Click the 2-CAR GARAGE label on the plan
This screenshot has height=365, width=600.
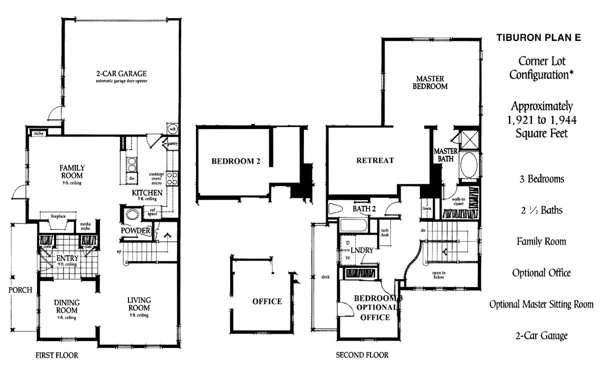121,74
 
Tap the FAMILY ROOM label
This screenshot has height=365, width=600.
72,172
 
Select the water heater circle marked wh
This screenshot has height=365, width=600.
172,127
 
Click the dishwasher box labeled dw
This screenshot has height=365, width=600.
131,179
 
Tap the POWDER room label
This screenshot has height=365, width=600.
135,231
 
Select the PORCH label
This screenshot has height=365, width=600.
20,290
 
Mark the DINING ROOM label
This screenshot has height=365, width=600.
66,306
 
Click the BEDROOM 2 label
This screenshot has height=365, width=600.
236,161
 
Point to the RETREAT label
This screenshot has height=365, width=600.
375,160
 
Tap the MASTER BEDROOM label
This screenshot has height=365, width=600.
432,82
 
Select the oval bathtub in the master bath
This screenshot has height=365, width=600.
469,165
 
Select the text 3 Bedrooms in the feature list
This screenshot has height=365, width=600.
541,179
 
